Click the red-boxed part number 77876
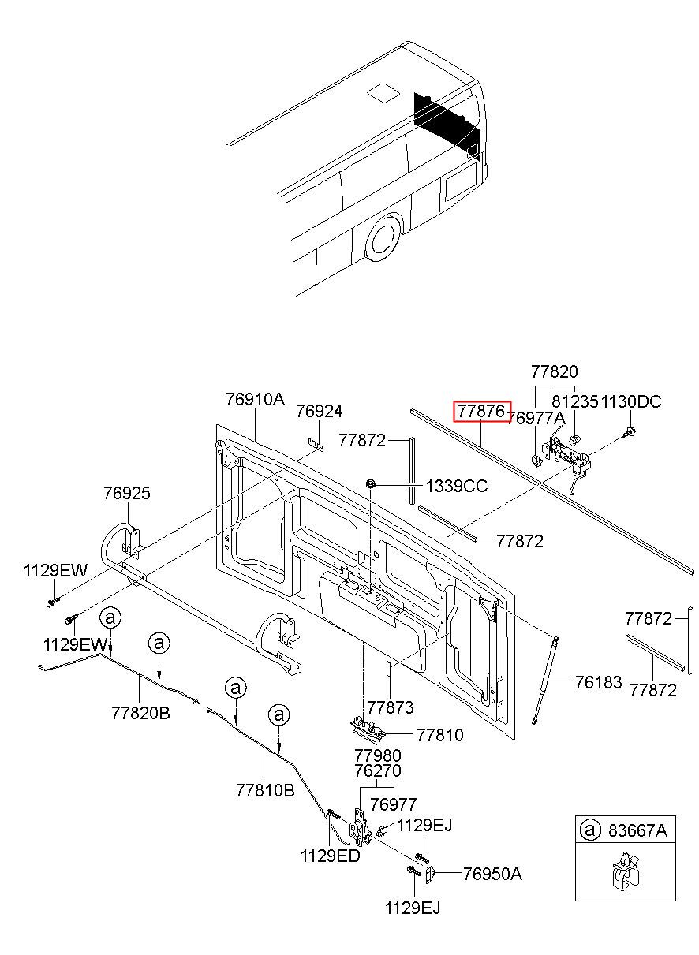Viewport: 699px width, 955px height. click(480, 411)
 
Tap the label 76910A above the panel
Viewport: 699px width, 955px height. click(255, 400)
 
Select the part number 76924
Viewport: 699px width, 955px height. click(320, 412)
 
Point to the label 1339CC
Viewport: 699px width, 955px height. click(457, 486)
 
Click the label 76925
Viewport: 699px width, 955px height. click(127, 494)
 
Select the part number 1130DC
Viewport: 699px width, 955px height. click(631, 401)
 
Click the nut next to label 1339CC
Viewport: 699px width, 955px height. click(370, 484)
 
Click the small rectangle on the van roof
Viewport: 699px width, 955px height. click(382, 92)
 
